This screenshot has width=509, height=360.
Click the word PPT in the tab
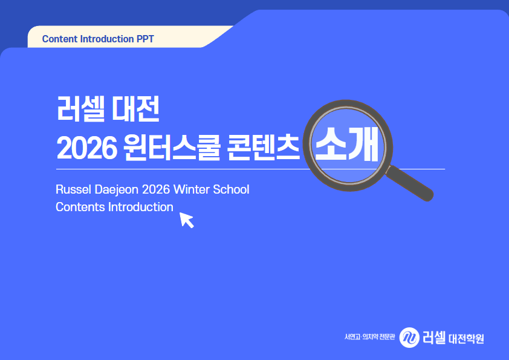[x=145, y=39]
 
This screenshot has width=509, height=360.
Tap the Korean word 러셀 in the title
[x=81, y=108]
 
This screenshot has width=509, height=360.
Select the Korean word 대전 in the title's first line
[x=135, y=108]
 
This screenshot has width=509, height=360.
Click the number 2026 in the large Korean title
[x=86, y=148]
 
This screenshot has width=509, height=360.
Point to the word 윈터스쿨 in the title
[x=172, y=148]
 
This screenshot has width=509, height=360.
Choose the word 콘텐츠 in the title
[x=263, y=148]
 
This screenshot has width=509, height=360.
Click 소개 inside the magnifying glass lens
[x=347, y=144]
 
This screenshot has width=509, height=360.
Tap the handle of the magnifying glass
[x=410, y=183]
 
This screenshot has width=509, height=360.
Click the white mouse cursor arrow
[x=186, y=220]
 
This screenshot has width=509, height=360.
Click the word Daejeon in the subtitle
[x=117, y=190]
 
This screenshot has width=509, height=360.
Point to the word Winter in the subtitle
[x=191, y=189]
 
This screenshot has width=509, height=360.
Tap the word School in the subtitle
[x=231, y=189]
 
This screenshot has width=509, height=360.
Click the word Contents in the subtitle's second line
[x=80, y=207]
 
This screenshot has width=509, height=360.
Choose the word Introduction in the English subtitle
[x=141, y=207]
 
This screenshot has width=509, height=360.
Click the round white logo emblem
[x=409, y=338]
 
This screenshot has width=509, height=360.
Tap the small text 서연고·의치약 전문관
[x=370, y=337]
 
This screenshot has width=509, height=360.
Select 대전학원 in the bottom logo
[x=466, y=339]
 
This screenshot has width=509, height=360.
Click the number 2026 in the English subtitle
[x=156, y=189]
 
